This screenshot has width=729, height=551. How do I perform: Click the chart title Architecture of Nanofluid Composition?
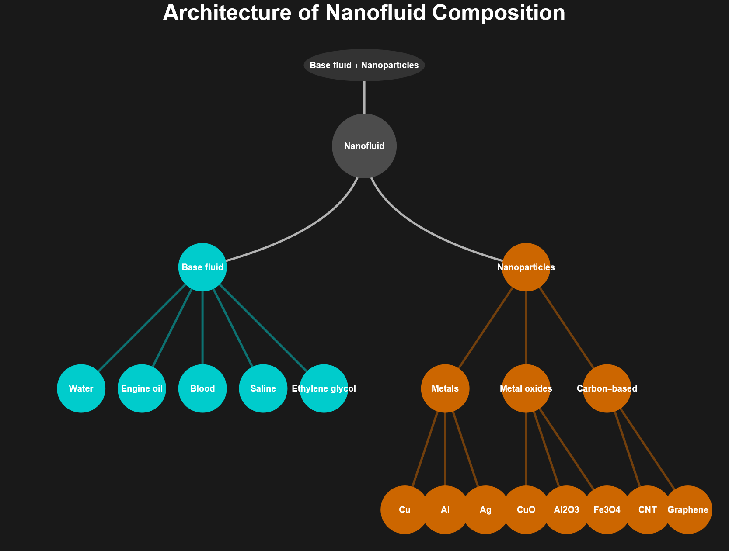point(364,13)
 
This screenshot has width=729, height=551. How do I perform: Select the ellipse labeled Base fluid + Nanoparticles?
point(364,65)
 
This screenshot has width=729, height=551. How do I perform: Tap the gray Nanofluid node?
point(364,146)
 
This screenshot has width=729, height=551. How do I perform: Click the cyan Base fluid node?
point(202,267)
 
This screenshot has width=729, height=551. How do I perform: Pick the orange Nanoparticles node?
point(526,267)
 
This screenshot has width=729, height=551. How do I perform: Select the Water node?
point(81,388)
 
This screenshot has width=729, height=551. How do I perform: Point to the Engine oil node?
point(142,388)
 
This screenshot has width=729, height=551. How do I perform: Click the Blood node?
point(202,388)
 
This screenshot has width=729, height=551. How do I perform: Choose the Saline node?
point(263,388)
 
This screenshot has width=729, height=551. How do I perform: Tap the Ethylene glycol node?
point(324,388)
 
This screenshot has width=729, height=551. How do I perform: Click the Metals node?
point(445,388)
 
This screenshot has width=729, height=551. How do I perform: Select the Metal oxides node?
point(526,388)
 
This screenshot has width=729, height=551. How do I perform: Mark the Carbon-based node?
point(607,388)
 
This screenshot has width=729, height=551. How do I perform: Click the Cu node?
point(405,509)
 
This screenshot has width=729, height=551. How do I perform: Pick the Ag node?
point(485,509)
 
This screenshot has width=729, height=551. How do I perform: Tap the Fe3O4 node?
point(607,509)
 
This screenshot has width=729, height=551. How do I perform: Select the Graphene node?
point(688,509)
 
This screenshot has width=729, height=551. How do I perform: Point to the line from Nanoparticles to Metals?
point(485,328)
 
